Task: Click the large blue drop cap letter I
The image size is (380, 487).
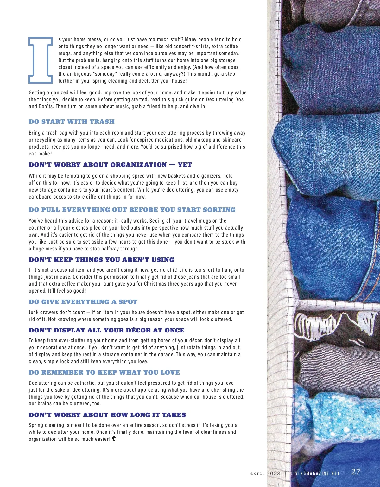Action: [41, 60]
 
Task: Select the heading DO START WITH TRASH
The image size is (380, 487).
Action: [72, 122]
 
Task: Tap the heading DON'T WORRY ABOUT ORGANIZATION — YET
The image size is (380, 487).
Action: [110, 165]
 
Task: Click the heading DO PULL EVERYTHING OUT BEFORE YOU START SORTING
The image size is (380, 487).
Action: [132, 210]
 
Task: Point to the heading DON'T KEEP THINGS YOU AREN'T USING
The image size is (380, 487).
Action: [101, 260]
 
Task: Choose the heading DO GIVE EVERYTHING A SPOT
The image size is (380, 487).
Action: [83, 302]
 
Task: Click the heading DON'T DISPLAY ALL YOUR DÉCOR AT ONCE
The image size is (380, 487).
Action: [106, 330]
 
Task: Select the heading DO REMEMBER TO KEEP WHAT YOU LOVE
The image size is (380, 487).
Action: [104, 372]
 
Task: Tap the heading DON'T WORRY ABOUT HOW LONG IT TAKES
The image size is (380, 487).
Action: [107, 415]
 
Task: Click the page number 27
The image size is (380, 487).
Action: [356, 471]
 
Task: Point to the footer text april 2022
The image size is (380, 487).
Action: [265, 473]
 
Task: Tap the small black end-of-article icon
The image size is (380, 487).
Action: [114, 439]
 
